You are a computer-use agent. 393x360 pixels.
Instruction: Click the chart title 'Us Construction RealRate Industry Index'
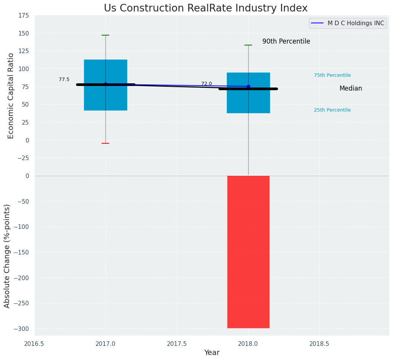pos(205,8)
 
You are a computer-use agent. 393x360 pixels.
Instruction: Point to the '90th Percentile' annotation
pos(286,41)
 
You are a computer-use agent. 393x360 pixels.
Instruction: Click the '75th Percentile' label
pos(332,75)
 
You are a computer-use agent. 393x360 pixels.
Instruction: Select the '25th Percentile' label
pos(332,110)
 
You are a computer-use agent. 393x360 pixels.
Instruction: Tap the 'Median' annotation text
pos(351,88)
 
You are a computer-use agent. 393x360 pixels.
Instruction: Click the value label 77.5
pos(64,79)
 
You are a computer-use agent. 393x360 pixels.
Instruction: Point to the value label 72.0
pos(207,84)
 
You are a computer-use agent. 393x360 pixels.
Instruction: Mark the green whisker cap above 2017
pos(105,35)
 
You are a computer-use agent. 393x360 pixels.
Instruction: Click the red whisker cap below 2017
pos(105,143)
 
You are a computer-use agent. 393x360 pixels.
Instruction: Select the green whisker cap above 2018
pos(248,45)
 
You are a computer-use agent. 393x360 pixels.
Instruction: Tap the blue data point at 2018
pos(248,86)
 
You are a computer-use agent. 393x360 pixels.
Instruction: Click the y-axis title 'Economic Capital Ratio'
pos(11,96)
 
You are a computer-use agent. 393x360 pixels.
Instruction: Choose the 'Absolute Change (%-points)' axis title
pos(7,256)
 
